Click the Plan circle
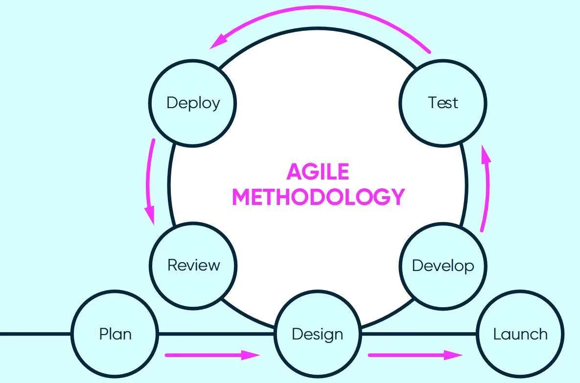coord(115,334)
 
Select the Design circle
coord(317,334)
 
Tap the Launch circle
coord(520,334)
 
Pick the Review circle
coord(193,265)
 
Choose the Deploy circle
coord(193,103)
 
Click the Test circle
coord(443,103)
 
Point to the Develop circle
coord(443,266)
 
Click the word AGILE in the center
coord(318,172)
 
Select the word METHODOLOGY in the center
coord(318,197)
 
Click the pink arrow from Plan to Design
coord(210,355)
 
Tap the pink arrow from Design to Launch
coord(414,355)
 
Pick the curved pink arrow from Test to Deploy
coord(318,11)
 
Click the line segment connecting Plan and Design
coord(215,334)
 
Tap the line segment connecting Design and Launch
coord(418,334)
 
